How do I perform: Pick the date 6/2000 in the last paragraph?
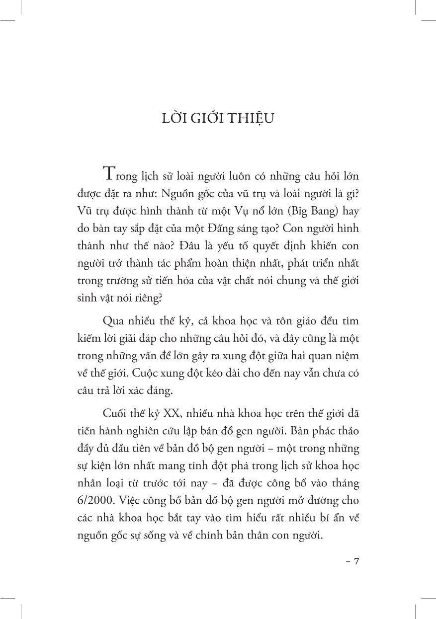tap(94, 502)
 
